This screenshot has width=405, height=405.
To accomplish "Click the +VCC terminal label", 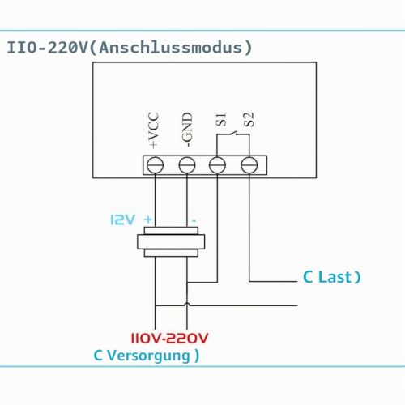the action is pos(153,130).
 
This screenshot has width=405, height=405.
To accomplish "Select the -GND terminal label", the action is pos(187,130).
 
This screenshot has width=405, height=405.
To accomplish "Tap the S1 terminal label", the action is pos(221,120).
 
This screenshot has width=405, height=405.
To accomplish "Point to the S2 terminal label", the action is pos(249,120).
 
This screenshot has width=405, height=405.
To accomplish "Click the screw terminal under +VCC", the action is pos(155,165).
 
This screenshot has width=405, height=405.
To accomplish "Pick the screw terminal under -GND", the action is pos(187,165).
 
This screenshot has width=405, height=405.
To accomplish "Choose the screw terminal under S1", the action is pos(217,165).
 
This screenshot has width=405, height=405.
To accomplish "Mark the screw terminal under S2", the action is pos(249,165).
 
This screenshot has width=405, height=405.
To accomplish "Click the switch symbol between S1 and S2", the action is pos(233,134).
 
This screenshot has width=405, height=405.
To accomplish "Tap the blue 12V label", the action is pos(122,220).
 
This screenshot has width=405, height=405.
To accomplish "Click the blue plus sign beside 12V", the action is pos(148,220).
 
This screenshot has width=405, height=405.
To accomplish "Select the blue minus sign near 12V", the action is pos(194,221).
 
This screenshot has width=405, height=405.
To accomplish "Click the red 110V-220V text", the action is pos(169,339).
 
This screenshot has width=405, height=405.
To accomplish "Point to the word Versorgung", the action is pos(148,356).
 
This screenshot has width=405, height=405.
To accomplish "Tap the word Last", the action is pos(335,277).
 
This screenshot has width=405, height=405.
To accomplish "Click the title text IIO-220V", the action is pos(47,48).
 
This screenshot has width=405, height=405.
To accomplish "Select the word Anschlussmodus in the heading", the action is pos(170,48).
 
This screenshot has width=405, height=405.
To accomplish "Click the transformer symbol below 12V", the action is pos(171,241).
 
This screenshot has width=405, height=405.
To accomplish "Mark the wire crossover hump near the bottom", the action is pos(187,305).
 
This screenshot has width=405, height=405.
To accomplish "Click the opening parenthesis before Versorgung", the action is pos(98,356).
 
